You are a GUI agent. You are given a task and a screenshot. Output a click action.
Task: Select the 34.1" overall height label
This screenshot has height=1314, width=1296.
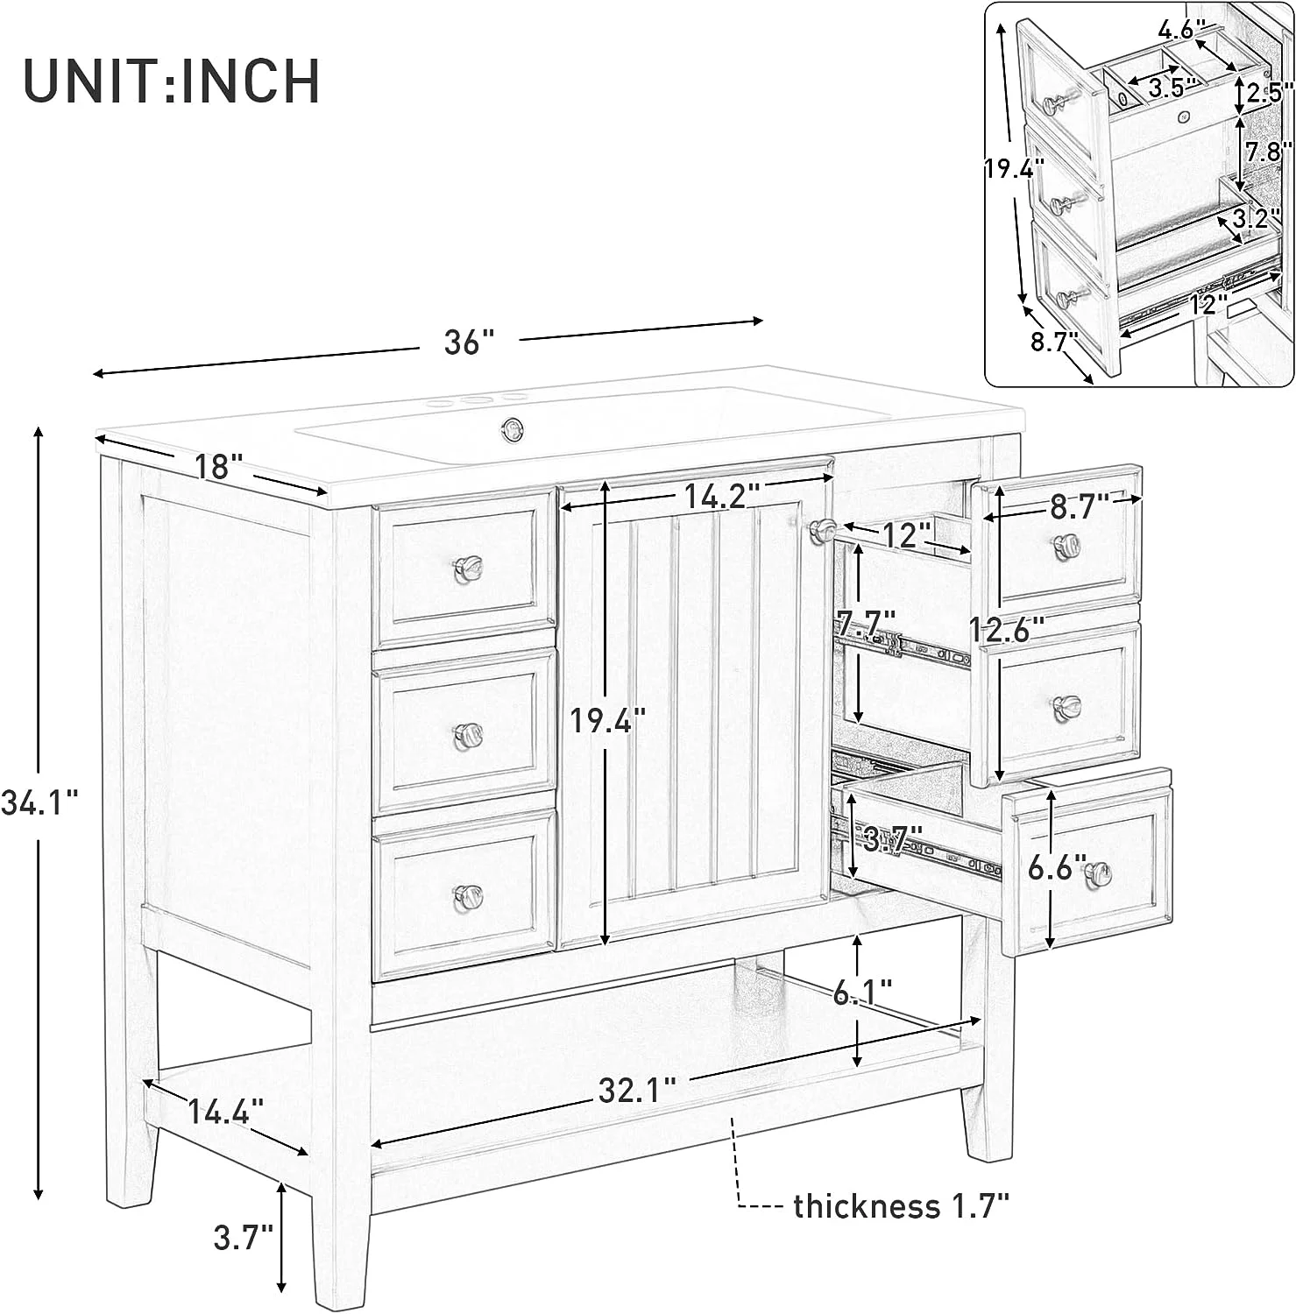39,802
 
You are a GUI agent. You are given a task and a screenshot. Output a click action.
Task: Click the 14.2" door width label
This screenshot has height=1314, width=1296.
719,497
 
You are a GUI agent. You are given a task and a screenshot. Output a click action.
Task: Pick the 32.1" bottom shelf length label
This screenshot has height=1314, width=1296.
637,1091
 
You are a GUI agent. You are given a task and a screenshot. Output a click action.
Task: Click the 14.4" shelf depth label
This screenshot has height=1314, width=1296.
225,1113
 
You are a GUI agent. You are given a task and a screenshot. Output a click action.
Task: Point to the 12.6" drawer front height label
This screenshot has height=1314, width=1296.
1006,628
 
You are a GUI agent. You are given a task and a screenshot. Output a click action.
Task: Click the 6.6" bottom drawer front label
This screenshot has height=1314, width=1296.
1057,868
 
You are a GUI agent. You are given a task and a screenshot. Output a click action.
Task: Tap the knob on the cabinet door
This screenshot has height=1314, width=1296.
822,529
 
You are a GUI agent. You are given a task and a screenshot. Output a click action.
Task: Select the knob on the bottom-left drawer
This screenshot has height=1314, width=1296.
468,896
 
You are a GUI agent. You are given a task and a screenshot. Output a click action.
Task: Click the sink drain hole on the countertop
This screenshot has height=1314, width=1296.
511,427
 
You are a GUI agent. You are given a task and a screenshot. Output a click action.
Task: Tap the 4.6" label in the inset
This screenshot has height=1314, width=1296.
1175,30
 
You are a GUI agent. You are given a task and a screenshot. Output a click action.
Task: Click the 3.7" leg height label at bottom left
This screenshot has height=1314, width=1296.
244,1238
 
